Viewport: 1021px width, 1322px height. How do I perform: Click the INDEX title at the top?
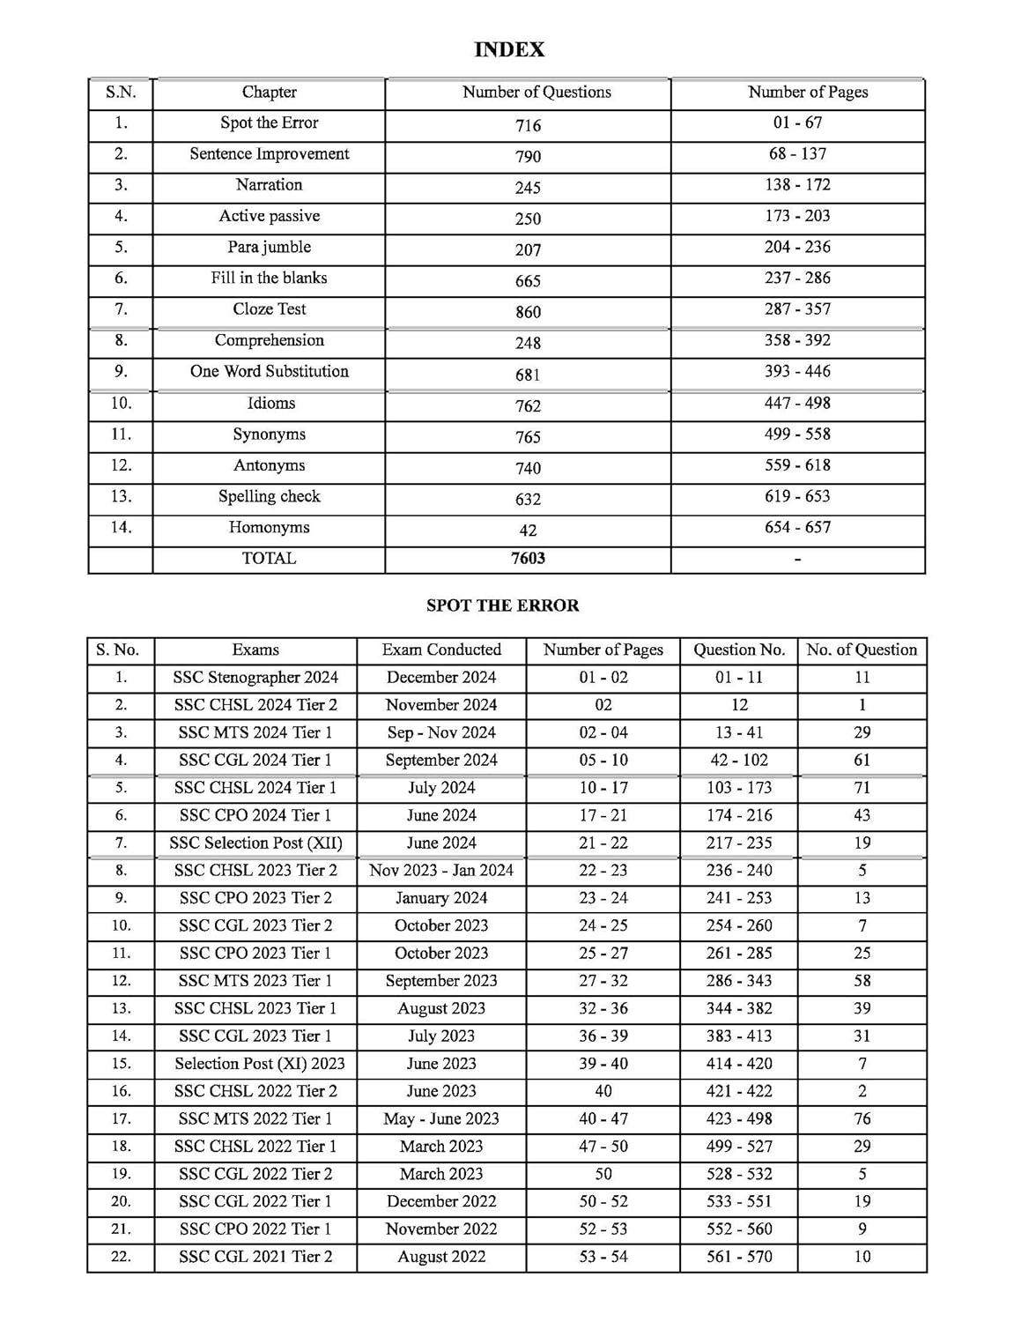pyautogui.click(x=509, y=50)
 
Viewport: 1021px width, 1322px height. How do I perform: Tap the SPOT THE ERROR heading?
pyautogui.click(x=502, y=605)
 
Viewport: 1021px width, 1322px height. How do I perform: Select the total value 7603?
pyautogui.click(x=528, y=558)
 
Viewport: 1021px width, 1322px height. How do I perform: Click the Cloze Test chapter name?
pyautogui.click(x=270, y=309)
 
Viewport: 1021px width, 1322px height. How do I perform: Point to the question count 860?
pyautogui.click(x=528, y=312)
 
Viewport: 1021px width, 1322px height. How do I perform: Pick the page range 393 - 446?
pyautogui.click(x=797, y=371)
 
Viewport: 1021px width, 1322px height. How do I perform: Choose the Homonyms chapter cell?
pyautogui.click(x=270, y=527)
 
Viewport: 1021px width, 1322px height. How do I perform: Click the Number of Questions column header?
pyautogui.click(x=536, y=92)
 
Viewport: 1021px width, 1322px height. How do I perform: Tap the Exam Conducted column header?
pyautogui.click(x=441, y=650)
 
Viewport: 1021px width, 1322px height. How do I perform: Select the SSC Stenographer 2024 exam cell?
pyautogui.click(x=255, y=677)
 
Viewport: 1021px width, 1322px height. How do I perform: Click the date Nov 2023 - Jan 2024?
pyautogui.click(x=441, y=870)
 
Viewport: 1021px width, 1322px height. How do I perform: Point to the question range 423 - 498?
pyautogui.click(x=739, y=1118)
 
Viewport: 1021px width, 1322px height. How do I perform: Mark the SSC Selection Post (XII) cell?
pyautogui.click(x=255, y=843)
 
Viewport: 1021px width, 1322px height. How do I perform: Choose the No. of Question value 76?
pyautogui.click(x=862, y=1118)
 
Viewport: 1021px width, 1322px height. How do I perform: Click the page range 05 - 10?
pyautogui.click(x=603, y=760)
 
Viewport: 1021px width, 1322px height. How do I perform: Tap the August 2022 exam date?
pyautogui.click(x=441, y=1257)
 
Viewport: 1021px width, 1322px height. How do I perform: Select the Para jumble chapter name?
pyautogui.click(x=270, y=247)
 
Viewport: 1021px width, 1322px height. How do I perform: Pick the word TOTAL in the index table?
pyautogui.click(x=270, y=558)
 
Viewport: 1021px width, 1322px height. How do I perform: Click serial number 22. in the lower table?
pyautogui.click(x=121, y=1257)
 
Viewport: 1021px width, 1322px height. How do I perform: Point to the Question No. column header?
pyautogui.click(x=739, y=650)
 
